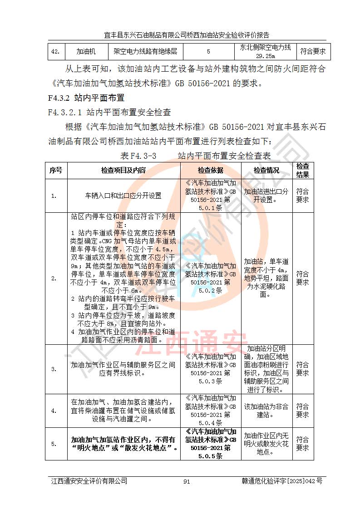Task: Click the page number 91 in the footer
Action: click(187, 481)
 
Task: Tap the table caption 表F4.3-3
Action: click(138, 157)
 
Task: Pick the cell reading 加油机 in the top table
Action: click(86, 52)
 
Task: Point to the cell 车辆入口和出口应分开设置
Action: click(123, 196)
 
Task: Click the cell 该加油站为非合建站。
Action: click(266, 411)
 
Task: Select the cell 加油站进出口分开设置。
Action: click(266, 196)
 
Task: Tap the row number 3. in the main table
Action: click(54, 369)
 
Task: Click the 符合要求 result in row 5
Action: click(302, 444)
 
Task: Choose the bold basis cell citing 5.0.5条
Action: click(210, 444)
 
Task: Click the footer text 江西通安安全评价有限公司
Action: click(89, 481)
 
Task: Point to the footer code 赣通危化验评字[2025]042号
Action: click(282, 481)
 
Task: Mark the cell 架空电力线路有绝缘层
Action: click(145, 52)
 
